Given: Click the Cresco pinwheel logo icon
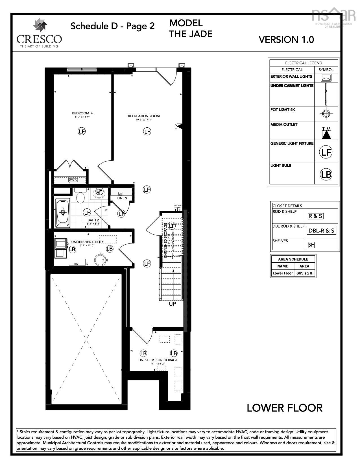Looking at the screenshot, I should [x=40, y=25].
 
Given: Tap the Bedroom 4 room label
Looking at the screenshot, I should [x=82, y=113].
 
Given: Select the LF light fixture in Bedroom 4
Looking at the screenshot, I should [x=82, y=131].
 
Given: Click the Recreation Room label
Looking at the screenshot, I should [x=144, y=116].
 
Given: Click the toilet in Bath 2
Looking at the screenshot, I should [x=80, y=197].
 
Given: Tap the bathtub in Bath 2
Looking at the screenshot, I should [x=63, y=212].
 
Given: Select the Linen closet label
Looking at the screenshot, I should [x=122, y=198].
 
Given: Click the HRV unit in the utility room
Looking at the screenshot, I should [x=77, y=262].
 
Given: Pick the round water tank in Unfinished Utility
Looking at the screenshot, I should [x=100, y=259].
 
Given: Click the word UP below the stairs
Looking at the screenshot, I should [x=172, y=304].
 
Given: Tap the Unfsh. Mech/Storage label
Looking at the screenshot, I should [x=158, y=360].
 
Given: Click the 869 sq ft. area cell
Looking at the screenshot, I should [x=305, y=273].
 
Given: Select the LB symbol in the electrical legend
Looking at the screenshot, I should [x=326, y=174].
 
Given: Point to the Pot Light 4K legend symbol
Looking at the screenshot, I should [x=326, y=114].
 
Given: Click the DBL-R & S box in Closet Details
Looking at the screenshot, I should [x=321, y=230].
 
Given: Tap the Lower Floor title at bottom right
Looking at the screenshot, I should [x=284, y=408].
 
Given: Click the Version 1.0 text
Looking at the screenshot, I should [x=286, y=40].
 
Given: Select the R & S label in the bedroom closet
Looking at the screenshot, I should [x=73, y=180].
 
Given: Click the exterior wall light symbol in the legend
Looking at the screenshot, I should [x=326, y=77].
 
